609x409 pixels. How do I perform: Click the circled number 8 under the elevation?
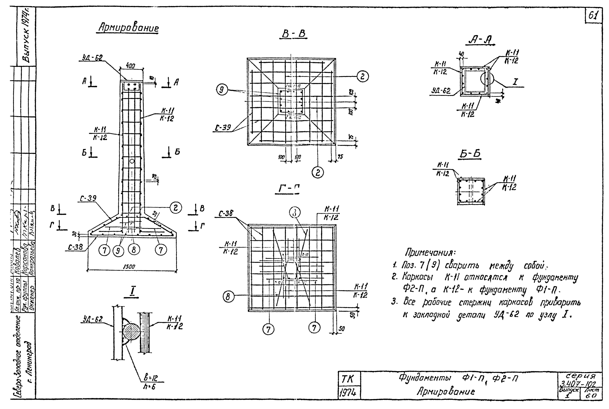134,250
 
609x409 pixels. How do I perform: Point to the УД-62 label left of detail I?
93,319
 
